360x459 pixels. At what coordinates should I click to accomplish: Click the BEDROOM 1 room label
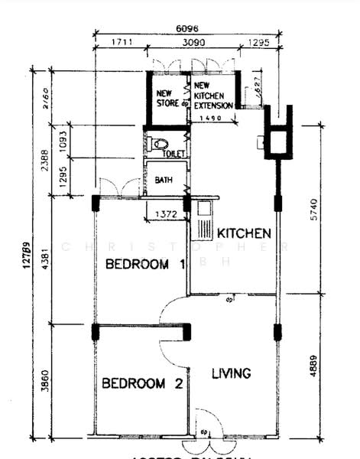tap(146, 265)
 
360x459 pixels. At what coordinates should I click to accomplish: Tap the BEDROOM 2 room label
tap(142, 383)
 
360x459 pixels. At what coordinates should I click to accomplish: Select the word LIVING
tap(231, 373)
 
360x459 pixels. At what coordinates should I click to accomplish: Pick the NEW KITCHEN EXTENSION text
tap(209, 97)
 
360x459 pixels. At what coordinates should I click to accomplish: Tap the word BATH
tap(164, 181)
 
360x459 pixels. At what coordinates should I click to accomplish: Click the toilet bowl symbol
tap(158, 143)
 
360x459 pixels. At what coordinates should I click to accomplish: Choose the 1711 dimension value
tap(119, 44)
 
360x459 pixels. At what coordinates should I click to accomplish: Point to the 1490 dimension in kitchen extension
tap(209, 119)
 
